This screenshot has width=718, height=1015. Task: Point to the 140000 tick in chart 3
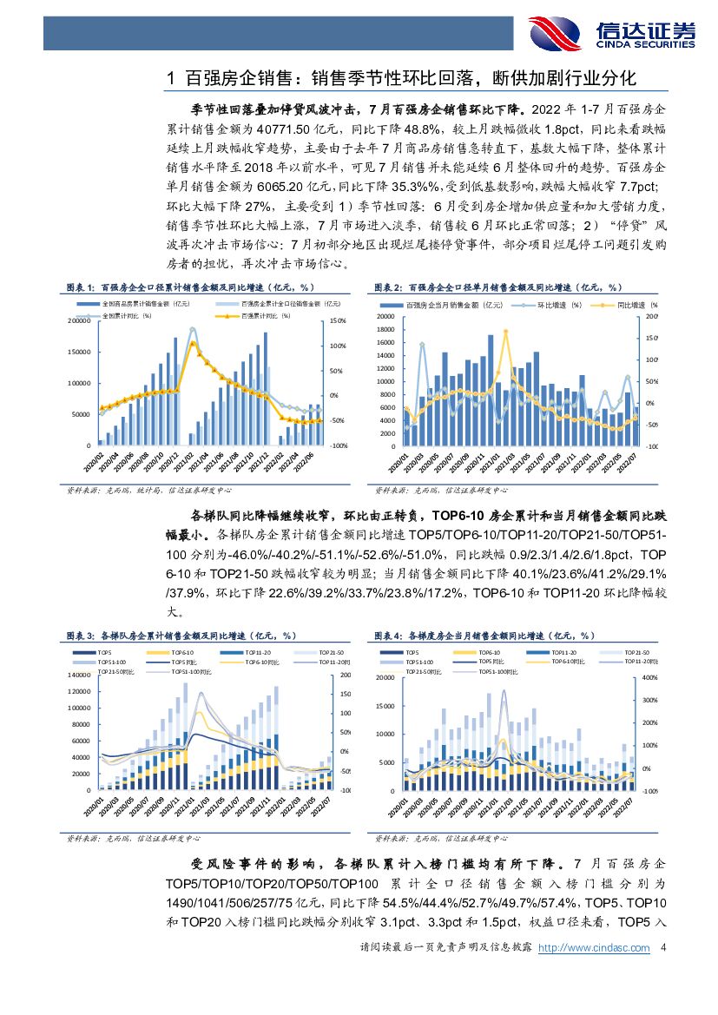(x=78, y=675)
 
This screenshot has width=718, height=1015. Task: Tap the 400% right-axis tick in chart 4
(x=646, y=678)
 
